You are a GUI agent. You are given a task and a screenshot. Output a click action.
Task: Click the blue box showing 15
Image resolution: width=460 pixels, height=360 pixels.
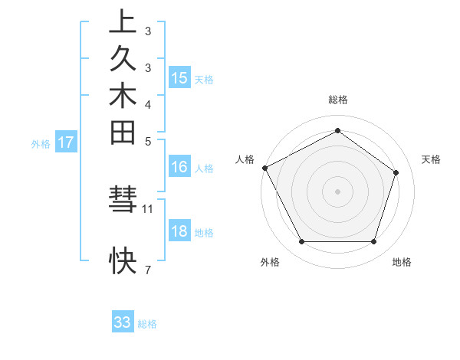[179, 78]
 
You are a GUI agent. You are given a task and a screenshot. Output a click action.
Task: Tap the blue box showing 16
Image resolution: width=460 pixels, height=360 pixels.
[179, 167]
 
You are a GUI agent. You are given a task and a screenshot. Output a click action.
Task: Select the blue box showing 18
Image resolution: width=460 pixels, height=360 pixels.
[179, 232]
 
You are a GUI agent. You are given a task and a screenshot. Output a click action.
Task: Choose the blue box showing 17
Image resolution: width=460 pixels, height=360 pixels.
[66, 142]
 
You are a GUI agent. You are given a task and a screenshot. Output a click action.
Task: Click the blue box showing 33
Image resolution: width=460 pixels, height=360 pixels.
[123, 322]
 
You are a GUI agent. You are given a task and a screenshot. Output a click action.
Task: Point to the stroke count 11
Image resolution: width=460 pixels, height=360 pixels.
[148, 208]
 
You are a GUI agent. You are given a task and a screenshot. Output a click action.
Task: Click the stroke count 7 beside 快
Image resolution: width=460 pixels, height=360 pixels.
[148, 270]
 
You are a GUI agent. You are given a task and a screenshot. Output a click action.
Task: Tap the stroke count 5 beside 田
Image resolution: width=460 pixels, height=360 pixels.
[148, 141]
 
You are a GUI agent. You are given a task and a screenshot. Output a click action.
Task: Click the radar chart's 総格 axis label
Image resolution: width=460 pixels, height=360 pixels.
[338, 100]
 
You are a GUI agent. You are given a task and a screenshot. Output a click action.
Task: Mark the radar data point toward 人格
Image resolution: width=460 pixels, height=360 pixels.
[264, 168]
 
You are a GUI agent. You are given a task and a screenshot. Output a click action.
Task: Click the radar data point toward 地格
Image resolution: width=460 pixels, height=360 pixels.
[373, 242]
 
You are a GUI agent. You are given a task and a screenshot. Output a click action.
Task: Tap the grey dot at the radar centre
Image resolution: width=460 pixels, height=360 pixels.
[337, 191]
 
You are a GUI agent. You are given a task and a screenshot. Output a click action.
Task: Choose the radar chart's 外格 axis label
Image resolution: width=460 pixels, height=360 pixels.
[270, 263]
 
